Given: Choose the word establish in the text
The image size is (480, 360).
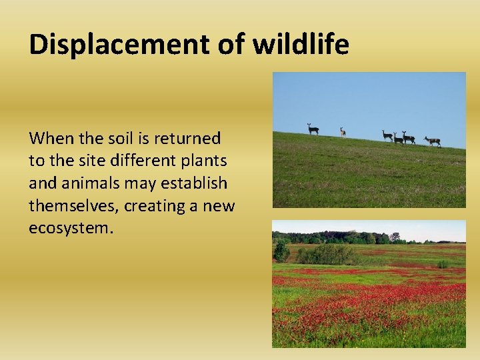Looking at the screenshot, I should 193,183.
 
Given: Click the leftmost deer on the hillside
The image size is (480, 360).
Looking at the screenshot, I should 312,129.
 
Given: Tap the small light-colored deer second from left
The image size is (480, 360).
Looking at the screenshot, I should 343,132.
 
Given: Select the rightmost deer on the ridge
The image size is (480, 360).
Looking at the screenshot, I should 433,141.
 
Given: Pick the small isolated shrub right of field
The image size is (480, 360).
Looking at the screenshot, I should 442,264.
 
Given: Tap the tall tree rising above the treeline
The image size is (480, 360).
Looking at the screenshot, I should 395,236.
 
